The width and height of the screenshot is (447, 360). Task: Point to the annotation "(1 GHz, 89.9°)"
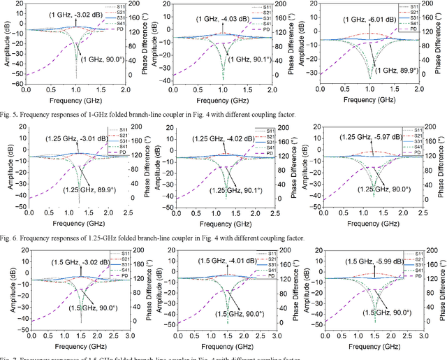[396, 70]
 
